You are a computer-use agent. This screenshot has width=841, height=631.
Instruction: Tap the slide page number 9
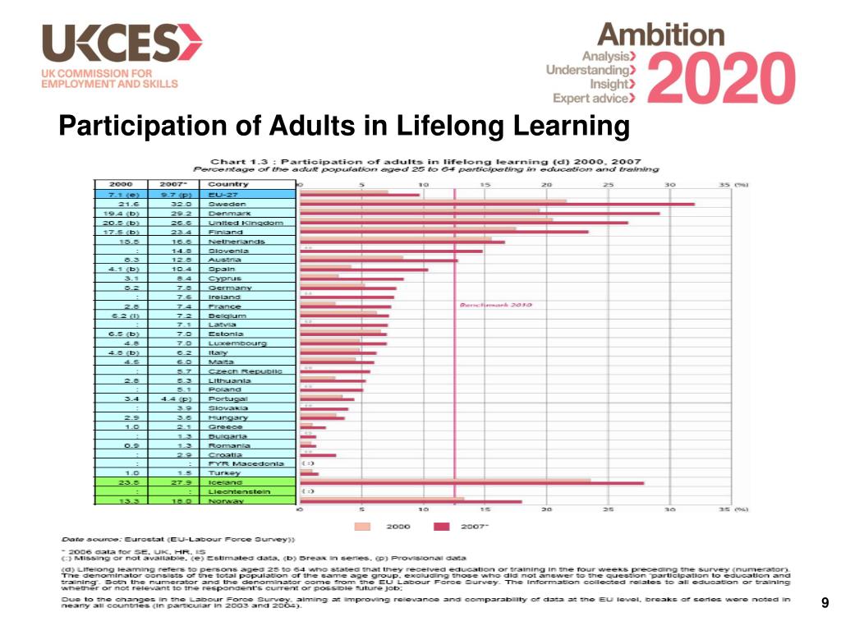[825, 605]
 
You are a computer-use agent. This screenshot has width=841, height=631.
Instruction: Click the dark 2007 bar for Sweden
[497, 204]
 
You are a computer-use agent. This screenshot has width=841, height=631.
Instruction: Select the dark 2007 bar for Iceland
[471, 483]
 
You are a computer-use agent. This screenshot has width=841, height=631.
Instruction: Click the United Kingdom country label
[246, 223]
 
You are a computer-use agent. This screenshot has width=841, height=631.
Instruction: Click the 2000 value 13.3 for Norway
[128, 500]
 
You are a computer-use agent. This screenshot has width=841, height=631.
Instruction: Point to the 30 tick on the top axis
[670, 185]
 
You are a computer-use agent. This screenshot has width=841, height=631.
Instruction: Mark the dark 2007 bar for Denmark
[480, 213]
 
